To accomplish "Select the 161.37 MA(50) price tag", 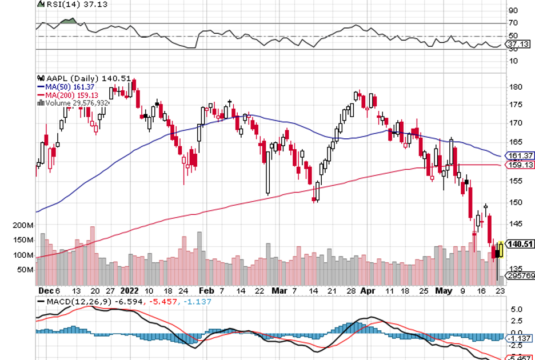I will click(520, 155).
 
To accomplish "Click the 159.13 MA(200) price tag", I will click(520, 165).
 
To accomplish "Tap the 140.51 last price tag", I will click(520, 245).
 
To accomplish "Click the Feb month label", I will click(206, 290).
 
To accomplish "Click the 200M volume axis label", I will click(23, 226).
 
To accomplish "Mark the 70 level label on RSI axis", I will click(513, 23).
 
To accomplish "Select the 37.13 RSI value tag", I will click(519, 44).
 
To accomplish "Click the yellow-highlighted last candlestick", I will click(501, 250).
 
